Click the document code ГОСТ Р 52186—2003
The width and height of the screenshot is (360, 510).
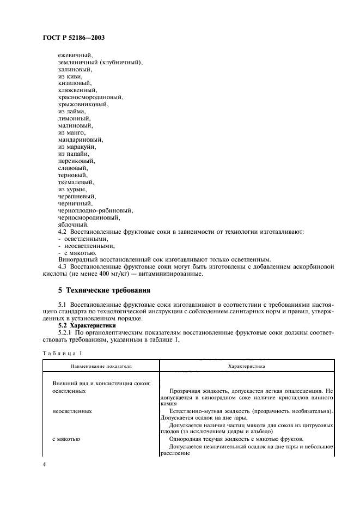[x=73, y=39]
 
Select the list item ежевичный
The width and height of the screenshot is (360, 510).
[x=75, y=56]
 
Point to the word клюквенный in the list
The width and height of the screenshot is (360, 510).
[x=77, y=90]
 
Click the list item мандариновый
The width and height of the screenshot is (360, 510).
[x=80, y=139]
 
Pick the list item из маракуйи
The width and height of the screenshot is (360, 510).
[x=77, y=147]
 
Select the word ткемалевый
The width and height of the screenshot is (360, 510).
[x=76, y=182]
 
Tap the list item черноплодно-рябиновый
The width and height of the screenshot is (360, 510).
[x=95, y=210]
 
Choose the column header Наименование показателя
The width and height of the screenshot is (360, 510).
[x=101, y=367]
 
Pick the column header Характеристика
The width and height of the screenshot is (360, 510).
[x=246, y=367]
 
